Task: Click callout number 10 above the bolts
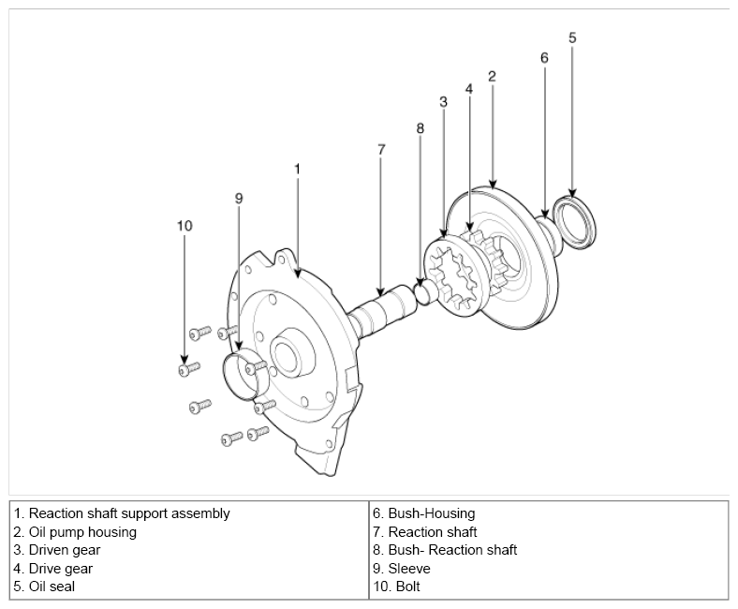pyautogui.click(x=184, y=226)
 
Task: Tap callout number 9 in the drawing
pyautogui.click(x=239, y=199)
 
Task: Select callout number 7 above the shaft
pyautogui.click(x=381, y=150)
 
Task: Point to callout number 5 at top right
pyautogui.click(x=572, y=37)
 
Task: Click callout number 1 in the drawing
pyautogui.click(x=297, y=169)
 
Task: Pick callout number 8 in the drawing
pyautogui.click(x=420, y=128)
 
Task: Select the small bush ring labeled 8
pyautogui.click(x=422, y=292)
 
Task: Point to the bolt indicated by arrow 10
pyautogui.click(x=189, y=369)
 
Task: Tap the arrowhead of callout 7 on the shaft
pyautogui.click(x=381, y=292)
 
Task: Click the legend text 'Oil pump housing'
pyautogui.click(x=82, y=532)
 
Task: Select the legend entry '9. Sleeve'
pyautogui.click(x=402, y=569)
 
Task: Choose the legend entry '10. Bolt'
pyautogui.click(x=396, y=587)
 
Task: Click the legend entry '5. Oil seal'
pyautogui.click(x=44, y=587)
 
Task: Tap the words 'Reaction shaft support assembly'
pyautogui.click(x=129, y=513)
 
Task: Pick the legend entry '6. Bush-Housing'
pyautogui.click(x=424, y=513)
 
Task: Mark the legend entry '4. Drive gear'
pyautogui.click(x=53, y=569)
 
